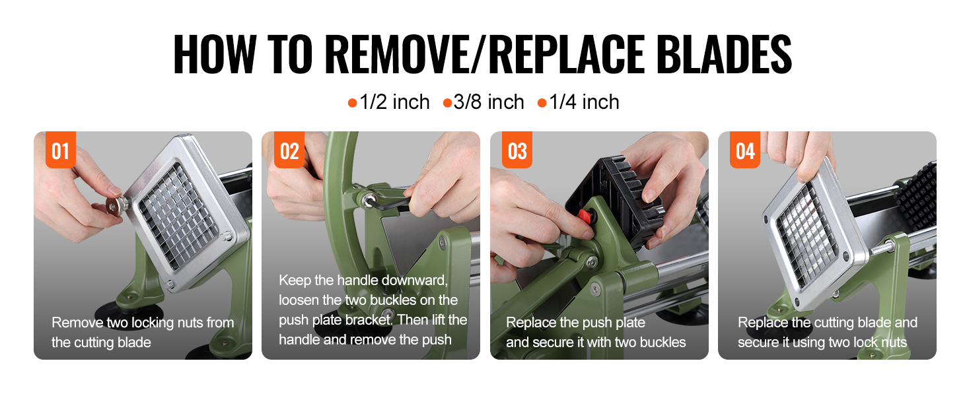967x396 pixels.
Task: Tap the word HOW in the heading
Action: [x=215, y=54]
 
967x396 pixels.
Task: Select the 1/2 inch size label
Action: [x=394, y=102]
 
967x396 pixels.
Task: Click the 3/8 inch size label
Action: [x=489, y=102]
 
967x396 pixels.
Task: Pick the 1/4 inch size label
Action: [x=584, y=102]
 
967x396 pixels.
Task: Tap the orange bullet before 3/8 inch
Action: [x=447, y=104]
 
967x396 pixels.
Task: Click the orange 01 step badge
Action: [x=61, y=150]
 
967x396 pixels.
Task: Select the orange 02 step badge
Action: [x=289, y=150]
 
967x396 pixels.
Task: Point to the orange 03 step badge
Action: [x=517, y=150]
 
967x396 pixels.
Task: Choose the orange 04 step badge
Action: [x=745, y=150]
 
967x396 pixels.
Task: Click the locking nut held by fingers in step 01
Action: [x=116, y=205]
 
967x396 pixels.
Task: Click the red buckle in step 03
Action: [x=585, y=216]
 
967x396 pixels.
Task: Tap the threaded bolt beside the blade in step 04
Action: [x=880, y=249]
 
